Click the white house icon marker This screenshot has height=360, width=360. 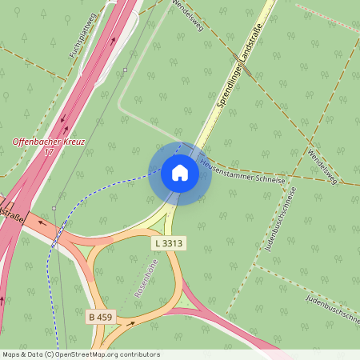click(180, 173)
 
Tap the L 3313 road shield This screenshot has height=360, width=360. click(169, 242)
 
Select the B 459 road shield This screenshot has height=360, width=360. click(101, 318)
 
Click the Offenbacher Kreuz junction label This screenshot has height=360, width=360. click(49, 142)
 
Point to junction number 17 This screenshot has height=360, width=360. click(49, 152)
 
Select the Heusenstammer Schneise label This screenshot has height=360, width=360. click(242, 172)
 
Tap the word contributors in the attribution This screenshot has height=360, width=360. click(140, 354)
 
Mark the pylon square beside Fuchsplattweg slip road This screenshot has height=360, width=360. click(126, 70)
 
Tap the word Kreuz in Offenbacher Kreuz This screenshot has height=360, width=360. click(71, 142)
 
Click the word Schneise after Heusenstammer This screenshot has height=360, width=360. click(267, 177)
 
